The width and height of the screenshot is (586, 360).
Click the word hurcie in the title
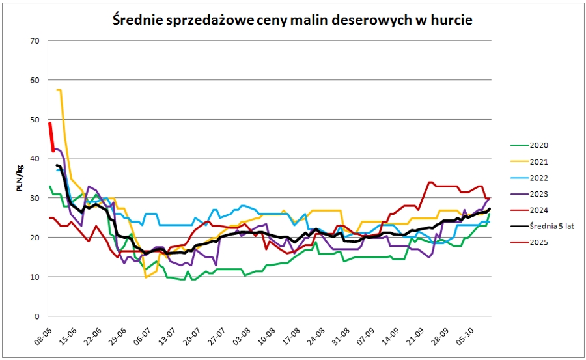(450, 20)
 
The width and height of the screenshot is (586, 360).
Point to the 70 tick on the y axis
(35, 41)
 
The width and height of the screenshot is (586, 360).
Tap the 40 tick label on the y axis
(35, 159)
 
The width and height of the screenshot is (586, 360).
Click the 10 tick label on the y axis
(35, 277)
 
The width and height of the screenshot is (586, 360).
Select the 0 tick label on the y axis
(37, 316)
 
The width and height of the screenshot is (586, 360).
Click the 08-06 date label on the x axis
(42, 333)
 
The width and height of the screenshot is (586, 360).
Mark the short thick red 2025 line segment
(51, 137)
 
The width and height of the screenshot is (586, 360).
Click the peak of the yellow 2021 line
(59, 90)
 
